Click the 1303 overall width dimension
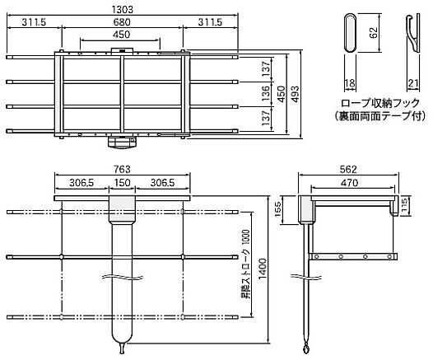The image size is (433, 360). pyautogui.click(x=123, y=9)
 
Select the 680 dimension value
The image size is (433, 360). pyautogui.click(x=122, y=22)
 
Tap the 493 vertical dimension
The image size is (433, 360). pyautogui.click(x=295, y=94)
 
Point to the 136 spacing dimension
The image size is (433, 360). pyautogui.click(x=265, y=93)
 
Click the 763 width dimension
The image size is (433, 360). pyautogui.click(x=122, y=169)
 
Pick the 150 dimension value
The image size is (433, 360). pyautogui.click(x=122, y=183)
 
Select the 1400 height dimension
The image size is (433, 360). pyautogui.click(x=263, y=269)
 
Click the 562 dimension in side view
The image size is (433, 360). pyautogui.click(x=348, y=169)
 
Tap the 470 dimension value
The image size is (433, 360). pyautogui.click(x=349, y=183)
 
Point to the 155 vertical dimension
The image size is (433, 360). pyautogui.click(x=277, y=209)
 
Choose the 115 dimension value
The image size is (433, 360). pyautogui.click(x=404, y=206)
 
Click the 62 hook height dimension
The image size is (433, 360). pyautogui.click(x=374, y=33)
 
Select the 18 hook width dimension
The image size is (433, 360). pyautogui.click(x=350, y=83)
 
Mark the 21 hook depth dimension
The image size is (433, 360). pyautogui.click(x=413, y=83)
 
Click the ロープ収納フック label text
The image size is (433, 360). pyautogui.click(x=380, y=103)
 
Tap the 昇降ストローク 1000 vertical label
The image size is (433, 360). pyautogui.click(x=245, y=264)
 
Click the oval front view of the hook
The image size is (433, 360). pyautogui.click(x=350, y=32)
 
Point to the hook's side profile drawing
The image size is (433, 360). pyautogui.click(x=413, y=33)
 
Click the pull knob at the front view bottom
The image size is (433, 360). pyautogui.click(x=122, y=348)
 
